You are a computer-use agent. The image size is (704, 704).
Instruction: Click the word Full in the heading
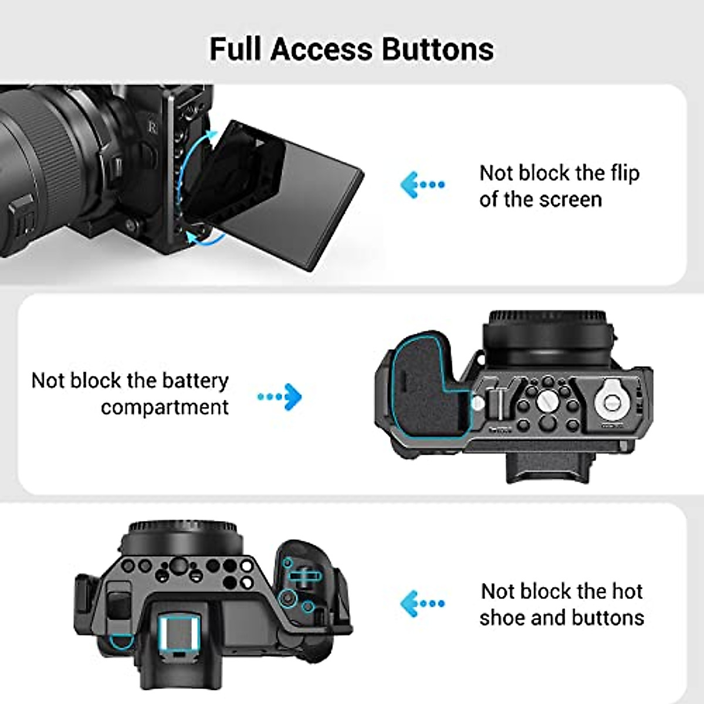[235, 49]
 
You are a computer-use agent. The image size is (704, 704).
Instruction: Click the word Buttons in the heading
[438, 49]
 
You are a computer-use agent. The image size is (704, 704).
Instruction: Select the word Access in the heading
[321, 49]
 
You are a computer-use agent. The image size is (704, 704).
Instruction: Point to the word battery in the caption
[195, 381]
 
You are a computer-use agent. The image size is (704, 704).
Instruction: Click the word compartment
[164, 407]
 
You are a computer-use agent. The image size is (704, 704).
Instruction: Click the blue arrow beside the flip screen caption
[422, 185]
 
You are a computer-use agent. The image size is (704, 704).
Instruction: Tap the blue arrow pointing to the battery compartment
[280, 397]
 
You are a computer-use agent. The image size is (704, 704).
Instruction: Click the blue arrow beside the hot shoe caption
[422, 604]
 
